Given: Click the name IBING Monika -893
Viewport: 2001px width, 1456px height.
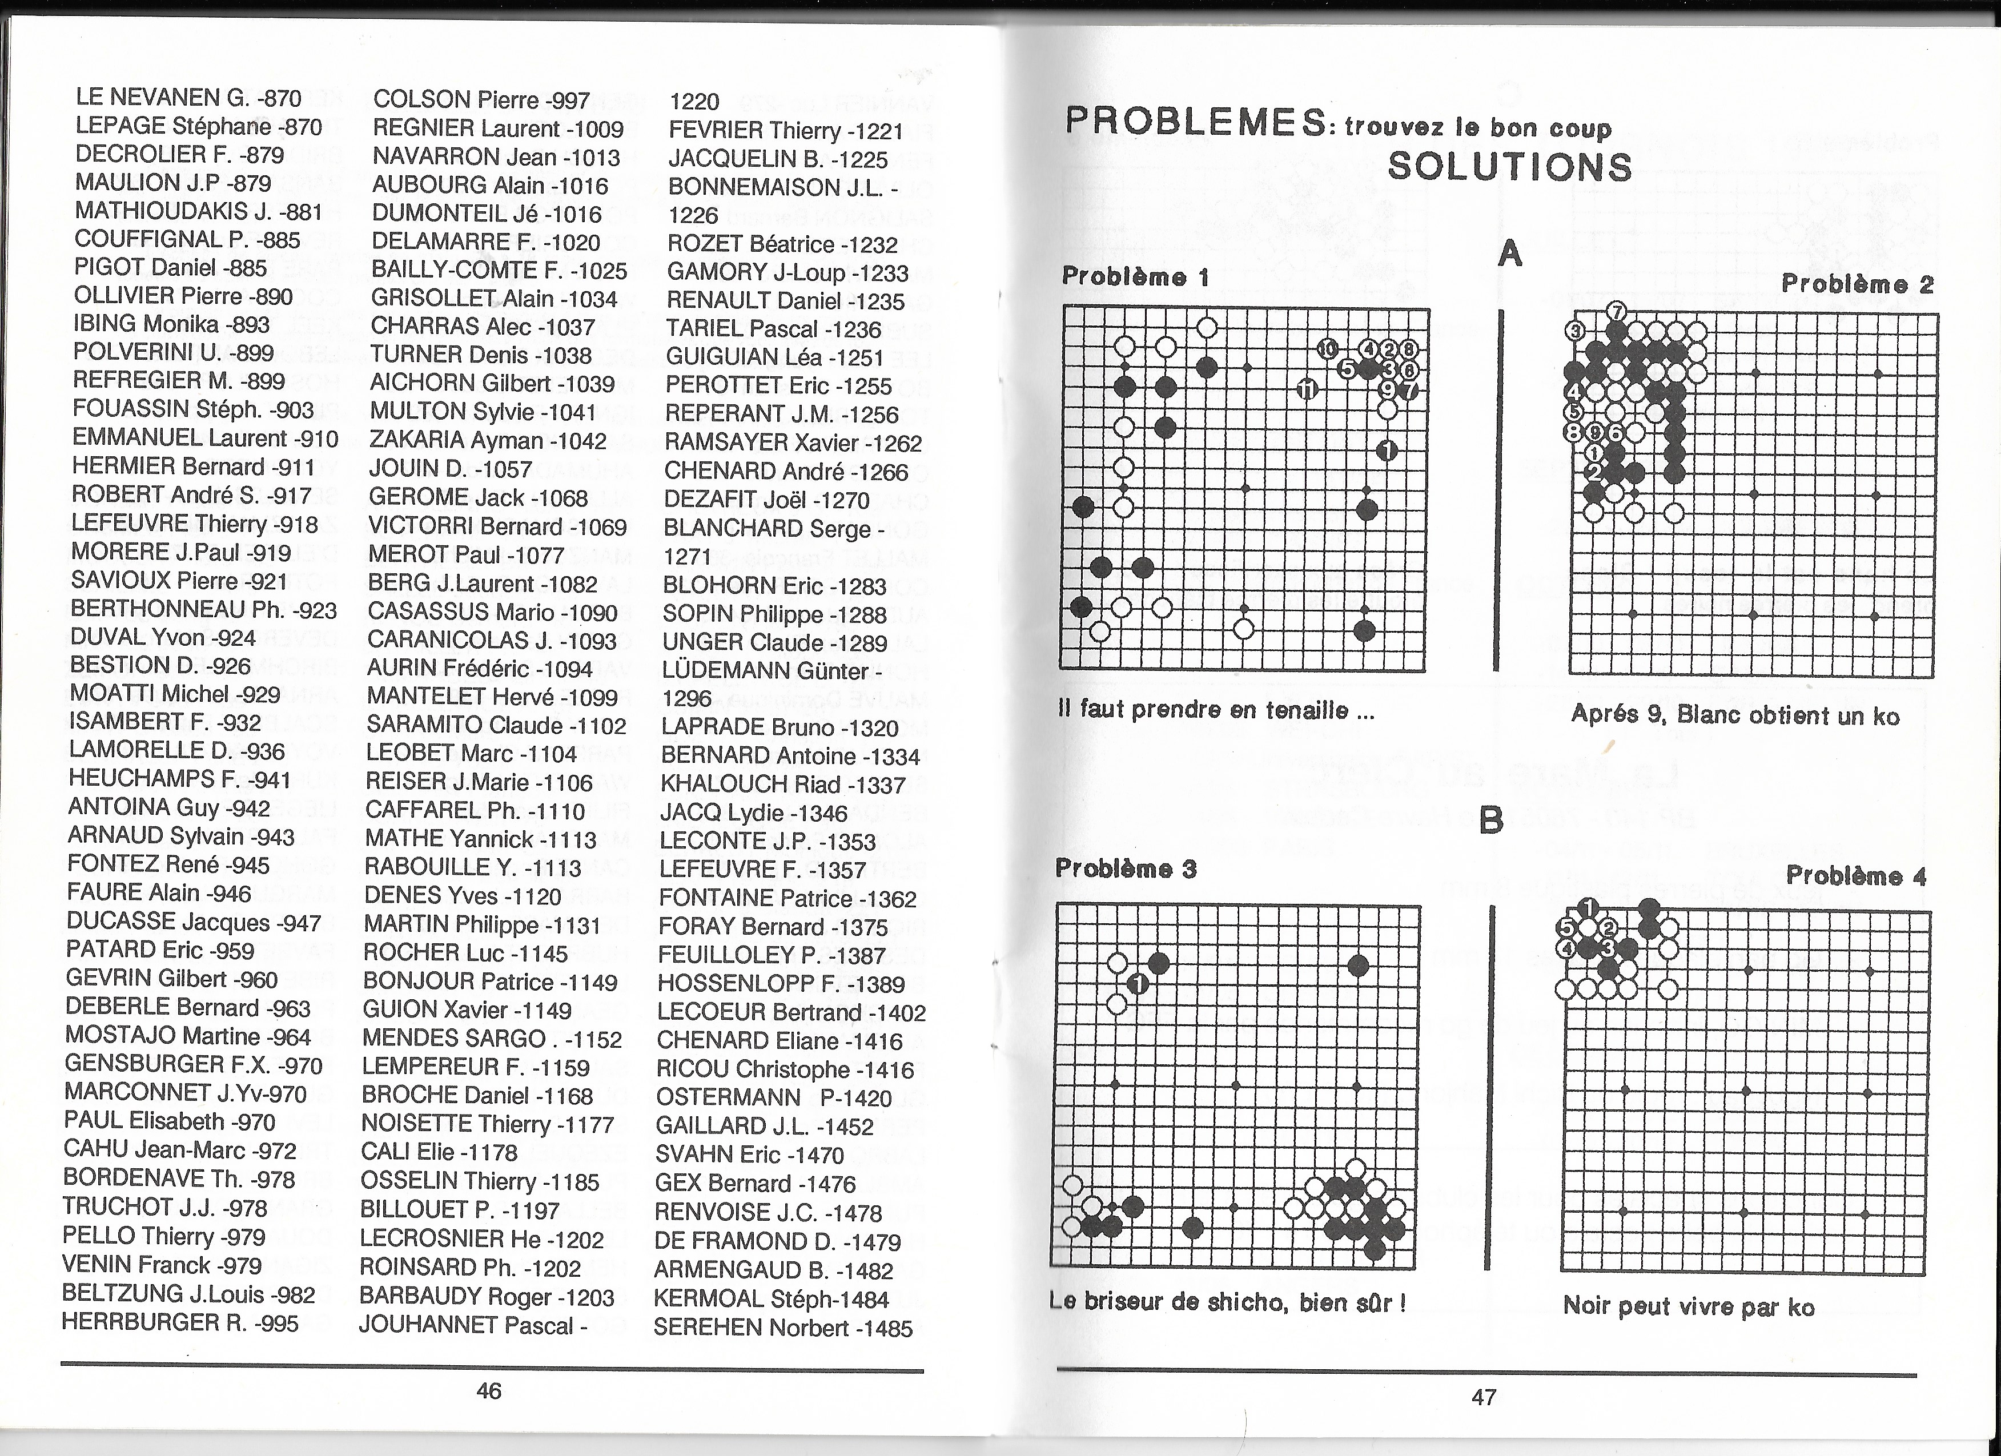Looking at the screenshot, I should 171,324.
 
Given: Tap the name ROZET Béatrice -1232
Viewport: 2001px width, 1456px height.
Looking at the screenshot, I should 782,244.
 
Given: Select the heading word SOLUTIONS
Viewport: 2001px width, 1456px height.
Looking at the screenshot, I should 1509,167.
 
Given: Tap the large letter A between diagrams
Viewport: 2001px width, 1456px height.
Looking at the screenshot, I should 1510,254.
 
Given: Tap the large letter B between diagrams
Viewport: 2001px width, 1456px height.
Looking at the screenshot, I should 1490,821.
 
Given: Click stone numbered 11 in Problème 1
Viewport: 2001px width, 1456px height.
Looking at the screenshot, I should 1308,388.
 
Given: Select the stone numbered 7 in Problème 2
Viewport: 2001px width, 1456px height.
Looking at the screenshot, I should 1616,311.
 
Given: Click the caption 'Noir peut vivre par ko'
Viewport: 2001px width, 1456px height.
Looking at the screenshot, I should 1688,1305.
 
